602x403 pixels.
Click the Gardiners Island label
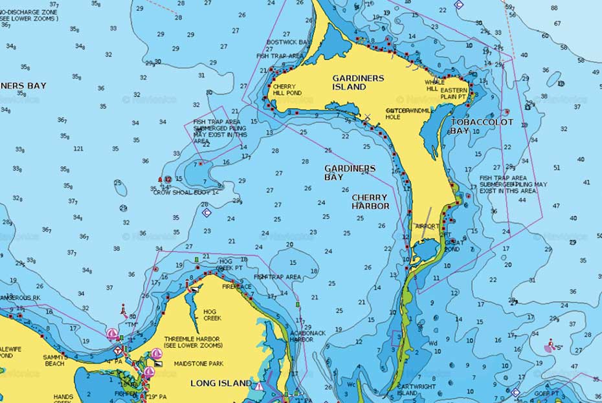click(x=358, y=82)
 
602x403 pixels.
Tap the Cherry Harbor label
click(x=370, y=202)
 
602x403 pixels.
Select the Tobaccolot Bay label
click(x=482, y=126)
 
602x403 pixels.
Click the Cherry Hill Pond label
click(x=286, y=89)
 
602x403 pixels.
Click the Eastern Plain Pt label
click(x=454, y=94)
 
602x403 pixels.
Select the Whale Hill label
click(x=434, y=85)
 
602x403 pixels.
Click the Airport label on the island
click(x=427, y=226)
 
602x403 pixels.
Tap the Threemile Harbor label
click(x=192, y=342)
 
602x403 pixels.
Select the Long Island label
click(x=221, y=383)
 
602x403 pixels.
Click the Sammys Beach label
click(x=54, y=360)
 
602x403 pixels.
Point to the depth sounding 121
click(x=78, y=149)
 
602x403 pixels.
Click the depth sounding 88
click(x=554, y=8)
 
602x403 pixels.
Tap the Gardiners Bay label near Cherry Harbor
click(x=350, y=172)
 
